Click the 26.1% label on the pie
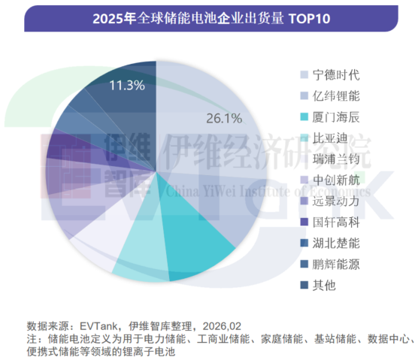[x=223, y=118]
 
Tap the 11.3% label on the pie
[x=126, y=85]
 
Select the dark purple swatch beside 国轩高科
[x=304, y=222]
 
